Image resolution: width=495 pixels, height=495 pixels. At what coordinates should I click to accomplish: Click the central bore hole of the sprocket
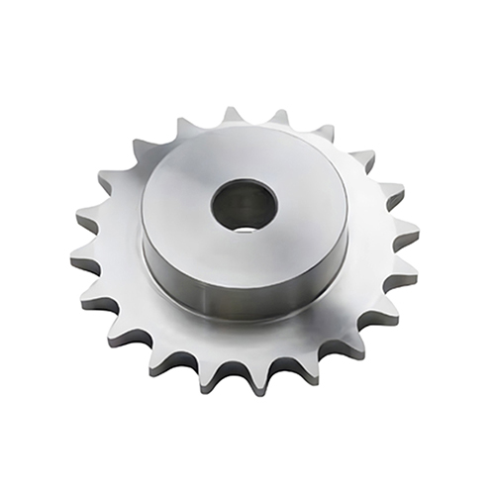[244, 204]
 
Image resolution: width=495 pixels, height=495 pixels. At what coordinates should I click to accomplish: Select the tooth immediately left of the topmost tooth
[185, 126]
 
